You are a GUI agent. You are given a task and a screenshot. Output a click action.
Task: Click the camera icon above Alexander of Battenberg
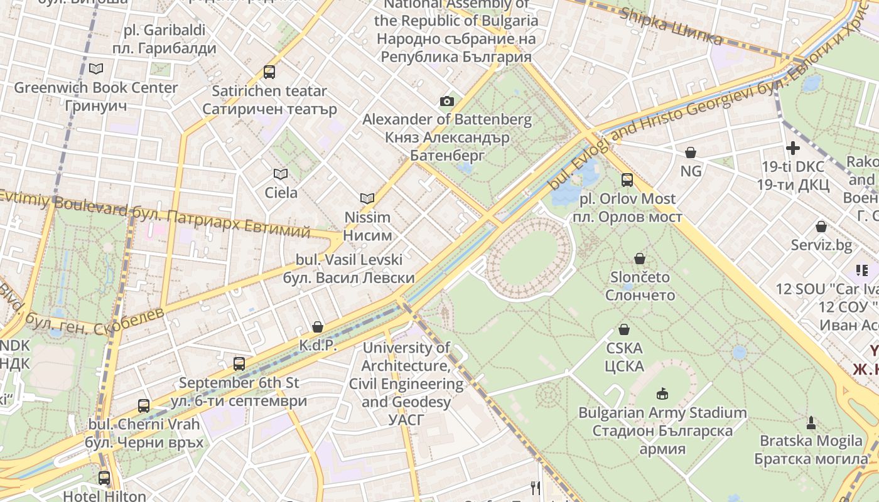point(446,101)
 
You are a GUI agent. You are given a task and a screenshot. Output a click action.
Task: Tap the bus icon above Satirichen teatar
point(269,72)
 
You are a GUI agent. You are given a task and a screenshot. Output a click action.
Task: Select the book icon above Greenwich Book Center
point(95,68)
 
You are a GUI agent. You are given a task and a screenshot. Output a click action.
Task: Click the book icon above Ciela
point(280,174)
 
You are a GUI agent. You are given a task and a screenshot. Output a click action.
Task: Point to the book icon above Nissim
point(367,198)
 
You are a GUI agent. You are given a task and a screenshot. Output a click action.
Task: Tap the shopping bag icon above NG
point(691,152)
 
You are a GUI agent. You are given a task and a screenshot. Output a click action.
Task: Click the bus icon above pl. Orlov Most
point(627,180)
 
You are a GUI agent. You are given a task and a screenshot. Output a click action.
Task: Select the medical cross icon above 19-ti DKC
point(793,148)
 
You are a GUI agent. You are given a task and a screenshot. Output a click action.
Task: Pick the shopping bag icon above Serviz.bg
point(821,227)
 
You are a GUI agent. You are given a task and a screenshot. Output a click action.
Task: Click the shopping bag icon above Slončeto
point(640,259)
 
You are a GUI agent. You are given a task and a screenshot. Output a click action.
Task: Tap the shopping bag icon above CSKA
point(624,329)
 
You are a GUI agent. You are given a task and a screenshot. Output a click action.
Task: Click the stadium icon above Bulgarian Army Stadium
point(662,394)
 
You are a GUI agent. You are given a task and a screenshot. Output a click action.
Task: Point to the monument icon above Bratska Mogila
point(811,422)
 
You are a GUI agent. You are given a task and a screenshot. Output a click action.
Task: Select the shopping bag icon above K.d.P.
point(318,327)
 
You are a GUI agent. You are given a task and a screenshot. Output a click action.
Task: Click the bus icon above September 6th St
point(239,364)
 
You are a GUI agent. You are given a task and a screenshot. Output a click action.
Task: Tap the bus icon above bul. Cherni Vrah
point(144,406)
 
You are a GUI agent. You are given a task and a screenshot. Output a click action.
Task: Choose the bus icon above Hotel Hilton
point(104,478)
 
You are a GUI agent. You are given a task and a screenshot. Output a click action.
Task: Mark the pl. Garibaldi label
point(164,39)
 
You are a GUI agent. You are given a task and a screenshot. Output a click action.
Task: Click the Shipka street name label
point(671,26)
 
